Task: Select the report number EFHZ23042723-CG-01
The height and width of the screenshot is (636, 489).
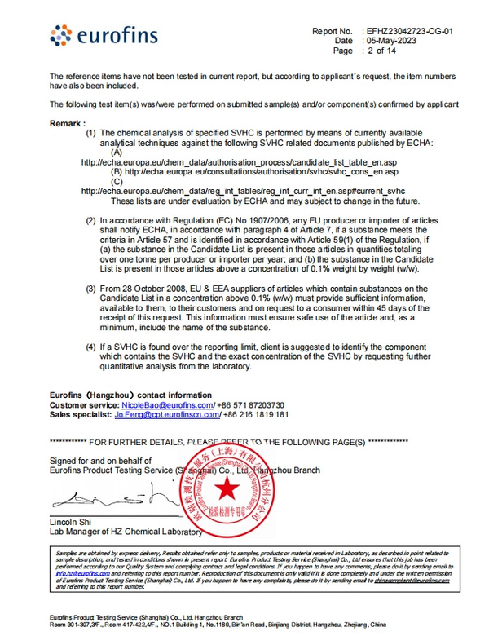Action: [418, 31]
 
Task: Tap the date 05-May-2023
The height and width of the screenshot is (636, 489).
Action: [393, 41]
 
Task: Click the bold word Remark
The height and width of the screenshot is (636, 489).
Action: [67, 123]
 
